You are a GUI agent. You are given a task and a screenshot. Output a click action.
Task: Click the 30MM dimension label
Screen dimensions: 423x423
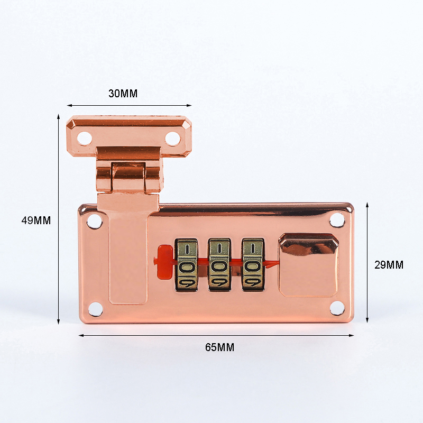click(x=123, y=94)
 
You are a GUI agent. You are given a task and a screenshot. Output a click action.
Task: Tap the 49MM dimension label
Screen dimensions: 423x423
click(x=36, y=220)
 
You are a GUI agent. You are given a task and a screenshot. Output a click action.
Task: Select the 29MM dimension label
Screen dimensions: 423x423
click(x=389, y=265)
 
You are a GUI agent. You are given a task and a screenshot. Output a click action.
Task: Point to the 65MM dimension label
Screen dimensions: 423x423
click(x=219, y=347)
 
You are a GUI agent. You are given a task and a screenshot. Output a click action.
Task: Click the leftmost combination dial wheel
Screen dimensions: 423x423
click(x=187, y=265)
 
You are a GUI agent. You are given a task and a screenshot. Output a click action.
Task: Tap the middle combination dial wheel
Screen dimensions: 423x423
click(x=219, y=265)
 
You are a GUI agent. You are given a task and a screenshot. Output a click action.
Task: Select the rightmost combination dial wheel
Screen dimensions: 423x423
click(x=253, y=265)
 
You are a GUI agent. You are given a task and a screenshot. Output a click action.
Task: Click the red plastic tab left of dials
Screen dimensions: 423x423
click(x=164, y=262)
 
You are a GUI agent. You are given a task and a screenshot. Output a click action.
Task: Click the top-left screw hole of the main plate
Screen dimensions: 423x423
click(x=95, y=220)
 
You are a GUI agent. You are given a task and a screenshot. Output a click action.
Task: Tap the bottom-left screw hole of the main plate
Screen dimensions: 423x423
click(x=95, y=309)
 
